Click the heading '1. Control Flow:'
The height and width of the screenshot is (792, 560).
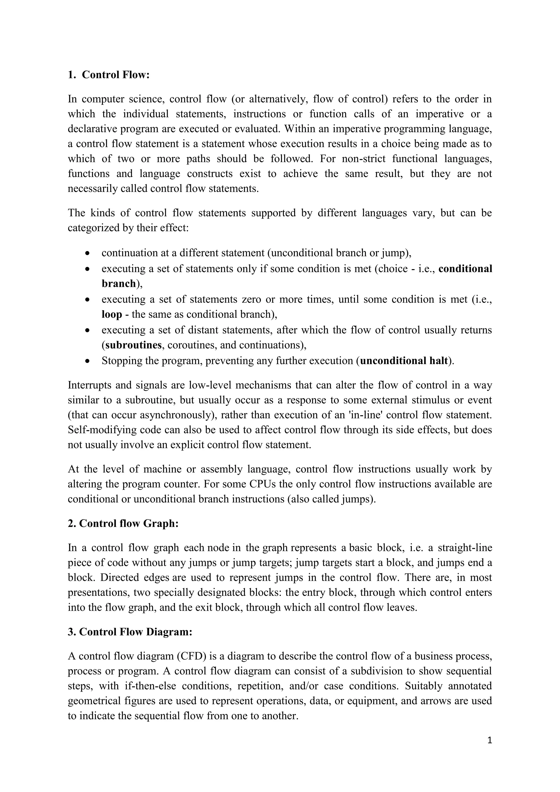(x=109, y=75)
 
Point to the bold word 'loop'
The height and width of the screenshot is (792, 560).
(x=112, y=314)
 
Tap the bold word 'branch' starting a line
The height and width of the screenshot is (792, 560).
(x=119, y=284)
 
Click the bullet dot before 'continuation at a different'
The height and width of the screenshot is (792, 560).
(x=88, y=253)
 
